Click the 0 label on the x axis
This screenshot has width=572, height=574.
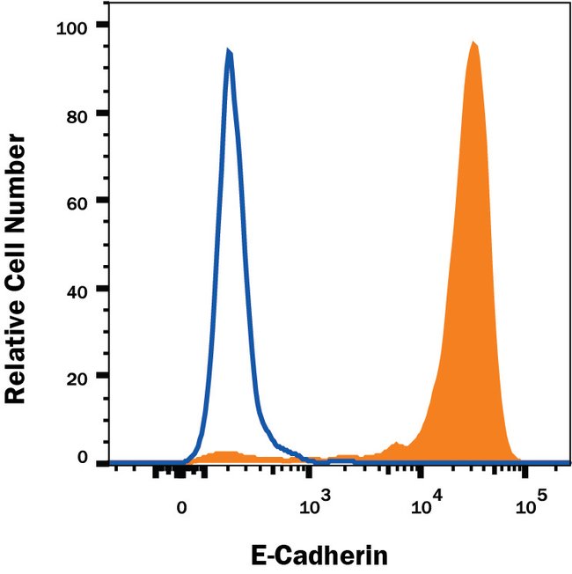181,508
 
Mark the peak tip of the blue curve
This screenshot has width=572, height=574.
229,51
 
